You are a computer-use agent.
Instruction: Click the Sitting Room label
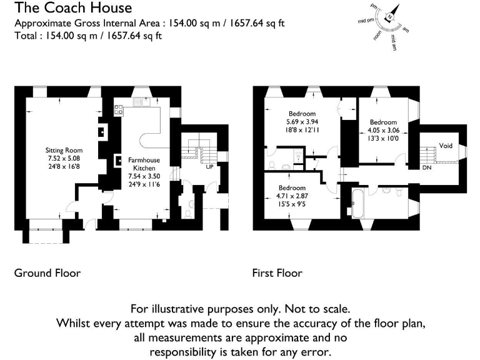(x=64, y=151)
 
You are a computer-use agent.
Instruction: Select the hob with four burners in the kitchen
(x=117, y=109)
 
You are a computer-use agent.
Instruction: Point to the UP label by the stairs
(x=210, y=167)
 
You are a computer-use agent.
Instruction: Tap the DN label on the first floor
(x=426, y=167)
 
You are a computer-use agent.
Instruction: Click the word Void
(x=446, y=145)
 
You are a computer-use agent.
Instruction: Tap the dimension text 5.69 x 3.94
(x=302, y=122)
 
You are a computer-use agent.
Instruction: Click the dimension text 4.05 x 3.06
(x=382, y=130)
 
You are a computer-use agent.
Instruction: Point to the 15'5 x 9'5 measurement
(x=291, y=202)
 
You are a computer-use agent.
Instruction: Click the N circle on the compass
(x=391, y=17)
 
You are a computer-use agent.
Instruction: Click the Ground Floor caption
(x=47, y=273)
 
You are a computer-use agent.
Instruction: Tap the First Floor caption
(x=277, y=273)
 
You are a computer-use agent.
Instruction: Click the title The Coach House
(x=73, y=8)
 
